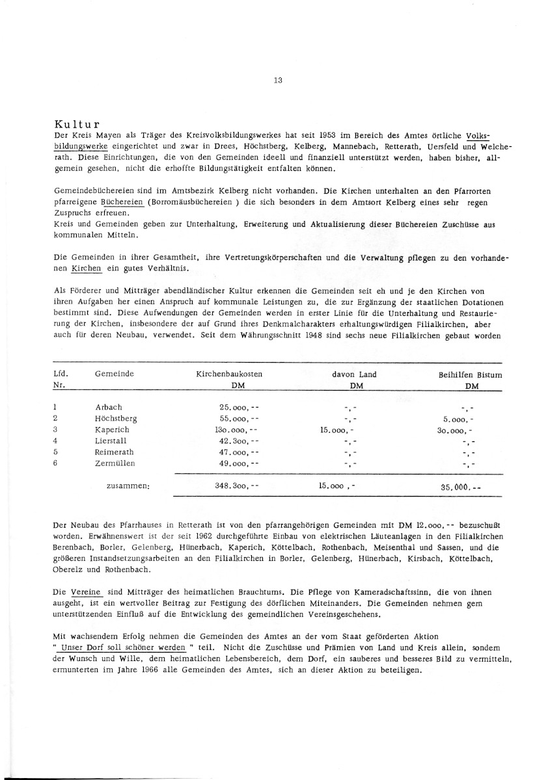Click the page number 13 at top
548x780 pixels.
click(278, 81)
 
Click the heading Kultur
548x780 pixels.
click(76, 123)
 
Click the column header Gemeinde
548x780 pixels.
click(115, 374)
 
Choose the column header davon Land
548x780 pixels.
click(354, 374)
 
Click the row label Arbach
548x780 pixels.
click(109, 408)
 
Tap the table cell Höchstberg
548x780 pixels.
click(116, 419)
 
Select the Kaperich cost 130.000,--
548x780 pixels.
click(237, 430)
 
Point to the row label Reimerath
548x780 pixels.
click(115, 452)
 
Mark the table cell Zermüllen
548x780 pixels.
click(116, 463)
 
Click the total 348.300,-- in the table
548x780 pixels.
click(237, 485)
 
